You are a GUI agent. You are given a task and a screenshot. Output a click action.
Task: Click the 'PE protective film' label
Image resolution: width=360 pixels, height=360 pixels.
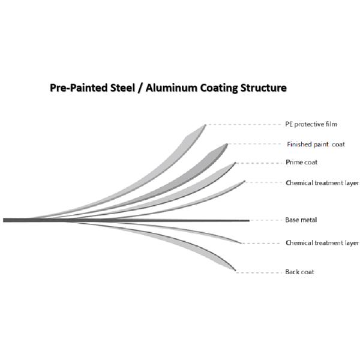pos(311,125)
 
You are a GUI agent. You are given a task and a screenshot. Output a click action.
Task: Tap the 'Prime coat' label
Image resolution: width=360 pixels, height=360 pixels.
pos(302,163)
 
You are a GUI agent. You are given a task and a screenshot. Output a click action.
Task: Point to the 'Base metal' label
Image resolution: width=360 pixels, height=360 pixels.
pos(301,220)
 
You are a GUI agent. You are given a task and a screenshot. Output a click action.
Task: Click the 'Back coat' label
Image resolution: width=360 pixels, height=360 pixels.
pos(299,272)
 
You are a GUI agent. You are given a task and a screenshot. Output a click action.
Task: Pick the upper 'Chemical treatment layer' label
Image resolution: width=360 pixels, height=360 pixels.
pos(322,182)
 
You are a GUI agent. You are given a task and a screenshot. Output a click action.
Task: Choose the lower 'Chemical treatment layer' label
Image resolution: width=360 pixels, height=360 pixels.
pos(322,243)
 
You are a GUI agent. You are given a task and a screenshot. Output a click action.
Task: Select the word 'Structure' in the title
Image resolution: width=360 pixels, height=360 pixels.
pos(261,88)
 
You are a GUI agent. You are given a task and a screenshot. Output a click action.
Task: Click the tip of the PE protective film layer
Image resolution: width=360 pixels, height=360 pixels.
pos(205,125)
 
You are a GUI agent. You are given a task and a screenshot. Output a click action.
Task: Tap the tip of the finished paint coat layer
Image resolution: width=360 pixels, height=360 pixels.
pos(227,144)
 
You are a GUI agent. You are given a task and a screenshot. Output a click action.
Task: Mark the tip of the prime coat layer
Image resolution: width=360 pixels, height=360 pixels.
pos(235,163)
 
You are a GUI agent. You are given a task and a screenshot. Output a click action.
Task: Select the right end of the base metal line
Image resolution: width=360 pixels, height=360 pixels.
pos(248,220)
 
